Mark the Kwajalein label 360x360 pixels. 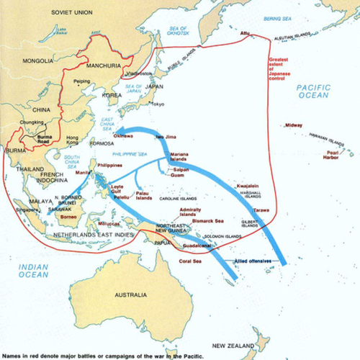point(248,186)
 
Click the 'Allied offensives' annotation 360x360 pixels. point(253,259)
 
